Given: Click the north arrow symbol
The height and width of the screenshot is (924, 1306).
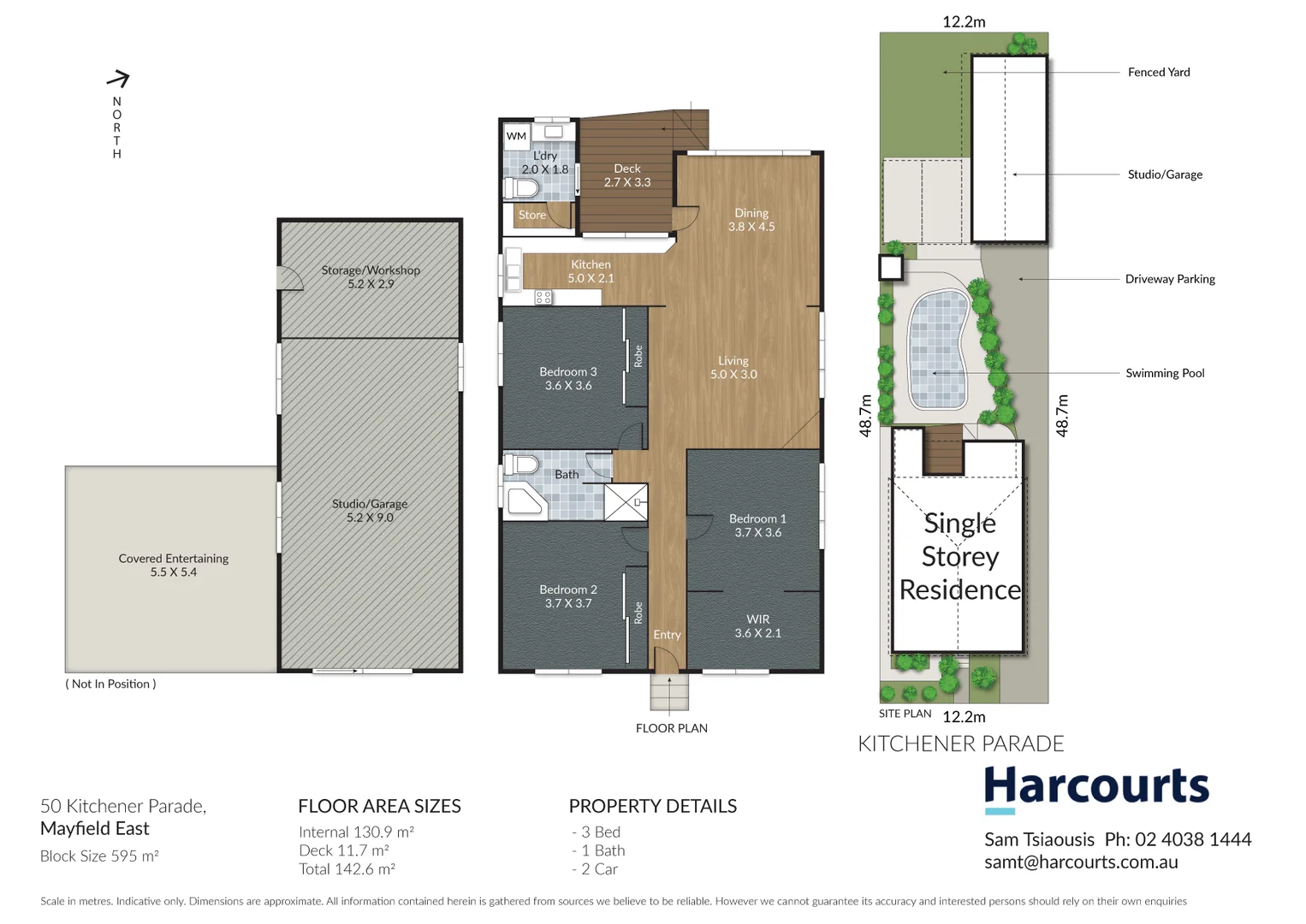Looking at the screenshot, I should (118, 80).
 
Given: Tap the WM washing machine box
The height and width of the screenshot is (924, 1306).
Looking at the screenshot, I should (516, 136).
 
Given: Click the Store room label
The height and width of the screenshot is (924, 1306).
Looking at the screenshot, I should (531, 216).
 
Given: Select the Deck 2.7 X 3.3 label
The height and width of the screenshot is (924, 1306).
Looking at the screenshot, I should (627, 175).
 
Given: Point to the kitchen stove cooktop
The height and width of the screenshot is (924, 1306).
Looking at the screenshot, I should (543, 298).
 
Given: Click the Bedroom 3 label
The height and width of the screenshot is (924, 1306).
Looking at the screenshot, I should (568, 378).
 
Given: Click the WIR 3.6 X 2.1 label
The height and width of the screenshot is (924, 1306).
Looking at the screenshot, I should (757, 626).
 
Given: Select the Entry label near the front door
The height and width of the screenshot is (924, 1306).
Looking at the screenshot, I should (667, 635).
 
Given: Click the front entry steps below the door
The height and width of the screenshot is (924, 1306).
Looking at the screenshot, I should (669, 693).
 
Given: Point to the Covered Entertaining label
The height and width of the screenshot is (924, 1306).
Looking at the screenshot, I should (174, 565).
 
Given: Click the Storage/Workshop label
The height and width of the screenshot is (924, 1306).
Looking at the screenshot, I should (371, 276).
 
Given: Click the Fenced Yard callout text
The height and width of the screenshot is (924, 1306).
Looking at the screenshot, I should (1159, 73).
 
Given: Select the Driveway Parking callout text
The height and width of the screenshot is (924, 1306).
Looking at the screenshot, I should (1170, 279).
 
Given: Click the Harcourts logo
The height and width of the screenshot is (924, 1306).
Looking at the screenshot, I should (1096, 786).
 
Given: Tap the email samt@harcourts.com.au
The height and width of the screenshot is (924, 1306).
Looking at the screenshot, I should (1081, 862).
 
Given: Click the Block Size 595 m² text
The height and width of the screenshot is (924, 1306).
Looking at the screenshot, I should (99, 856).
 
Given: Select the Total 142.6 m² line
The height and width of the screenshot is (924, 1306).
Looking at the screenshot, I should (347, 869).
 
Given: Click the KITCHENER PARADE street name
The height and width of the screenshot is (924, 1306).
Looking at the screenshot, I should (960, 744).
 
